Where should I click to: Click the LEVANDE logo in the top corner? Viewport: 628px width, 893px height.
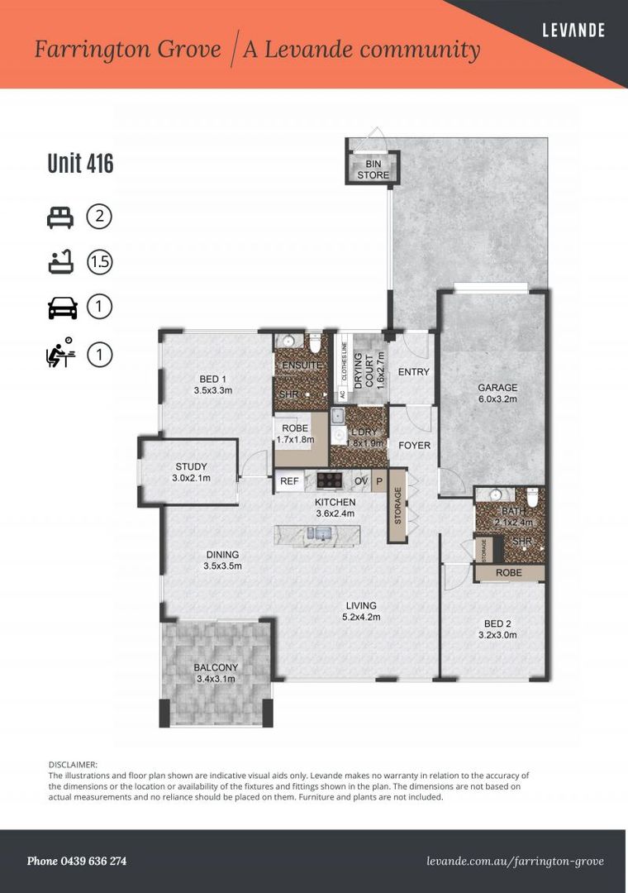(573, 31)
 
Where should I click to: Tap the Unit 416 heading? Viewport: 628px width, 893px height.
(80, 164)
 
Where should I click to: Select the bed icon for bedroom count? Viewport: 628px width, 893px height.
(61, 217)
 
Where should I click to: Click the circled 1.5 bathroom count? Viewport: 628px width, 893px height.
(99, 263)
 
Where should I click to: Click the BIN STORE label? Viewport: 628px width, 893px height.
(372, 170)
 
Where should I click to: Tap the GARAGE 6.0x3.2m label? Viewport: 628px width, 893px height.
(497, 393)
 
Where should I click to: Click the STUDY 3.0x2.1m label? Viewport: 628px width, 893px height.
(191, 472)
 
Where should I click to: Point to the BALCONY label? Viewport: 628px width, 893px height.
(215, 673)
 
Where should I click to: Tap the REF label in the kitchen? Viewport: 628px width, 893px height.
(289, 480)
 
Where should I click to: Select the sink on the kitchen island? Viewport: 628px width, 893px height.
(319, 533)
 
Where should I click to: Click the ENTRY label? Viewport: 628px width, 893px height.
(414, 372)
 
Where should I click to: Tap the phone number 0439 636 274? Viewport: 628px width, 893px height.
(77, 861)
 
